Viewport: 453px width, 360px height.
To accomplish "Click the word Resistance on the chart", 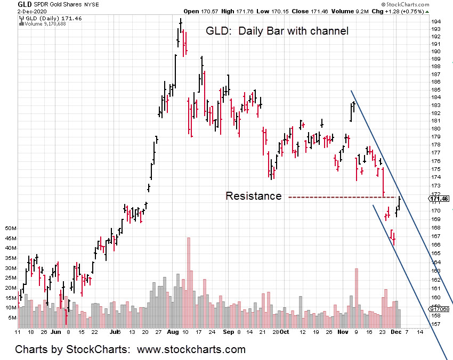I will pos(253,196).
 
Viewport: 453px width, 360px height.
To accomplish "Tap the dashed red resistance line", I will pos(341,198).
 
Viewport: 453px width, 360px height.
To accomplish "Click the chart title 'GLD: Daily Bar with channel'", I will pos(277,31).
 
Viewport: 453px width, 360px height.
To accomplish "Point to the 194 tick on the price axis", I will pos(435,21).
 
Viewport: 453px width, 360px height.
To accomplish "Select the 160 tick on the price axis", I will pos(435,298).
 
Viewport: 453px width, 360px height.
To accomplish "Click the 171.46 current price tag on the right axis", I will pos(440,199).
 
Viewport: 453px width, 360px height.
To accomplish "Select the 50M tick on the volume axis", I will pos(11,228).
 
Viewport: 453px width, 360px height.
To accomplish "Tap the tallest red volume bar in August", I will pos(189,282).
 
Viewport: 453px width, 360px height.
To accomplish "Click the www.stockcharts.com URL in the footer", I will pos(191,349).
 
